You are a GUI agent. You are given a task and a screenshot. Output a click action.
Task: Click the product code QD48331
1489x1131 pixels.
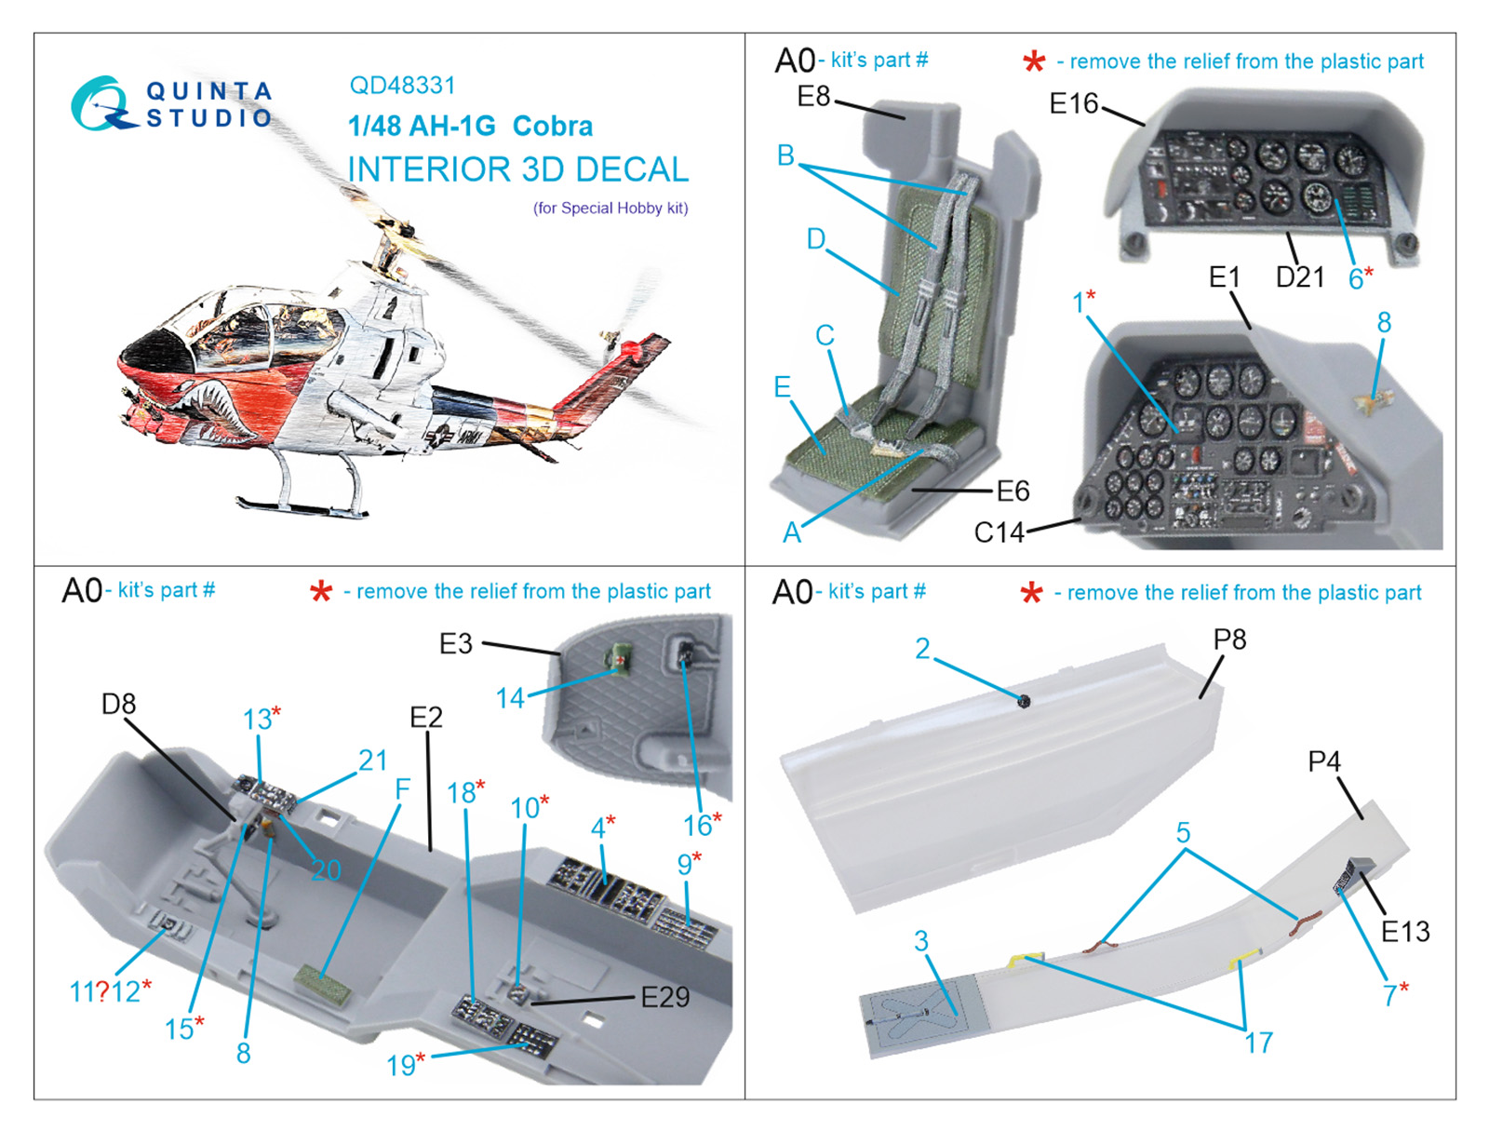click(x=402, y=86)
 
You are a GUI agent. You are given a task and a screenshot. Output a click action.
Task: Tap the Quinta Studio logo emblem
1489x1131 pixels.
click(x=99, y=103)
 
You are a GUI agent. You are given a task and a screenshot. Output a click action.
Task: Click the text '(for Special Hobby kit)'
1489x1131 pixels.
click(x=610, y=208)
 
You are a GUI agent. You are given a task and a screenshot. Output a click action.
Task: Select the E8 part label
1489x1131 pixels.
click(x=813, y=96)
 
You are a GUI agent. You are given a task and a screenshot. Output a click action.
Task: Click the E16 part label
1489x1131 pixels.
click(x=1074, y=102)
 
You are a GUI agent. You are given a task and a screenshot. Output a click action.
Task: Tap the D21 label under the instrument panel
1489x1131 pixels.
click(x=1299, y=276)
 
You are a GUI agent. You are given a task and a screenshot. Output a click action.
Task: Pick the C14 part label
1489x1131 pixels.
click(x=999, y=532)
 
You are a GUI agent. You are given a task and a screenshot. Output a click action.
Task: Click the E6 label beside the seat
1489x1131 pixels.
click(x=1013, y=491)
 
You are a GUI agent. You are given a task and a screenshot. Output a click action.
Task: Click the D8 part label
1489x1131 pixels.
click(x=118, y=704)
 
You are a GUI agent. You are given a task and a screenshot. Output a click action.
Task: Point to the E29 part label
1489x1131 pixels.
click(x=664, y=997)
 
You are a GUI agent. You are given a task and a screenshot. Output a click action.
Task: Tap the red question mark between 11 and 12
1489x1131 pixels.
click(x=102, y=991)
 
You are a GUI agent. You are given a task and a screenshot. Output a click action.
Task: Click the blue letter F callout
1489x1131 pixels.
click(x=402, y=788)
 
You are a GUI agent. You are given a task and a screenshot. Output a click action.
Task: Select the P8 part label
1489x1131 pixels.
click(x=1228, y=640)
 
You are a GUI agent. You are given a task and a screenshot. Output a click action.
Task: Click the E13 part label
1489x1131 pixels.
click(x=1404, y=931)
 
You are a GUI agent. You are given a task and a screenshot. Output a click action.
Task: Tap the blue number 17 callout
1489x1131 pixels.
click(x=1258, y=1043)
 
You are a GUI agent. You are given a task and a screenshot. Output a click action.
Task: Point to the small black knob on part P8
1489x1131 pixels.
click(x=1024, y=701)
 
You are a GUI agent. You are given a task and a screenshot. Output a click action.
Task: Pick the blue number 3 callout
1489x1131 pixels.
click(x=920, y=940)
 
